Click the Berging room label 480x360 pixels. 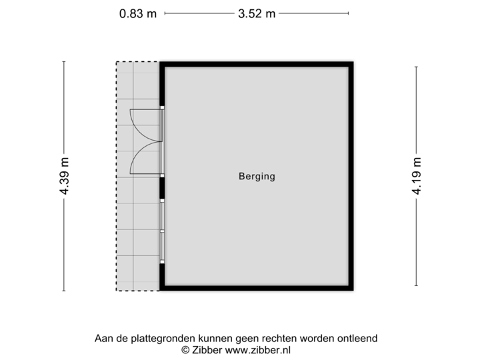coord(257,177)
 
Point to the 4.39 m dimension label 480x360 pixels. coord(64,176)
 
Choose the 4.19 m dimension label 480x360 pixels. coord(417,176)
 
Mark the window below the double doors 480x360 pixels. coord(162,231)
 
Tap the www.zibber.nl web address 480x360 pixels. coord(257,349)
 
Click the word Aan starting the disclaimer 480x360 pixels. coord(103,339)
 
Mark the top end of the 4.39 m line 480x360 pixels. coord(64,61)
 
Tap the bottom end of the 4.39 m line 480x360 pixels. coord(64,291)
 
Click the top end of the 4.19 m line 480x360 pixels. coord(417,67)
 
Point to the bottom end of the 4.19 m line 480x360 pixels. coord(417,286)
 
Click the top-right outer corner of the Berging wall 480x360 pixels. coord(355,61)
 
